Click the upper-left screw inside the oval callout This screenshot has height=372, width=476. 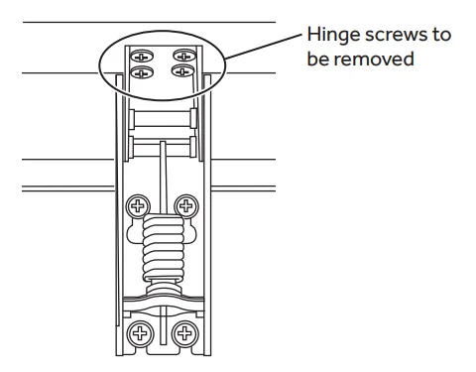pyautogui.click(x=142, y=57)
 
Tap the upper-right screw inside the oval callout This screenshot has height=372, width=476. pyautogui.click(x=184, y=56)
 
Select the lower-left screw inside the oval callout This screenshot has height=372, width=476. pyautogui.click(x=142, y=72)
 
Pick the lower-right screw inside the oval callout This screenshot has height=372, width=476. pyautogui.click(x=182, y=70)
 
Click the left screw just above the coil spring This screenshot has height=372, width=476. pyautogui.click(x=138, y=206)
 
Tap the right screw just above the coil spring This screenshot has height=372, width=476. pyautogui.click(x=186, y=205)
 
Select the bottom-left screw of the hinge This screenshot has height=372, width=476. pyautogui.click(x=140, y=333)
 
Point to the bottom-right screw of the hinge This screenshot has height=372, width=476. pyautogui.click(x=185, y=333)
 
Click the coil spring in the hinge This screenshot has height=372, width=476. pyautogui.click(x=163, y=248)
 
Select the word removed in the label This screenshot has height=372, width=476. pyautogui.click(x=374, y=60)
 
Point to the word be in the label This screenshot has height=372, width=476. pyautogui.click(x=317, y=60)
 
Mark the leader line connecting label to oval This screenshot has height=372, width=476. pyautogui.click(x=263, y=47)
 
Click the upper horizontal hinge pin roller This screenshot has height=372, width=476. pyautogui.click(x=162, y=119)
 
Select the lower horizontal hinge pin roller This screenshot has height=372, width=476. pyautogui.click(x=162, y=147)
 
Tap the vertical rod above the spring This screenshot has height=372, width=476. pyautogui.click(x=163, y=178)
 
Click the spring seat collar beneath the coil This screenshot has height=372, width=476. pyautogui.click(x=164, y=287)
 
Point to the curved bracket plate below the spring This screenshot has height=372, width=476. pyautogui.click(x=164, y=305)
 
